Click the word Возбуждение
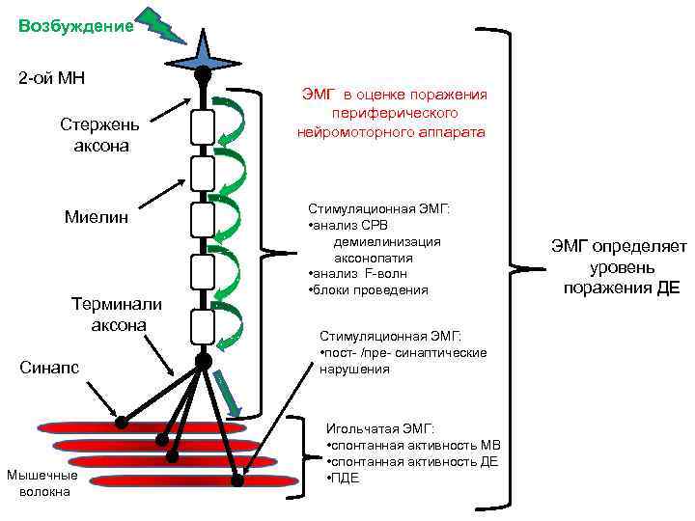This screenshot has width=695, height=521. pyautogui.click(x=75, y=27)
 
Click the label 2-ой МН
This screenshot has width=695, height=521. pyautogui.click(x=52, y=77)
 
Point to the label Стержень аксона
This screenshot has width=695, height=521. pyautogui.click(x=99, y=136)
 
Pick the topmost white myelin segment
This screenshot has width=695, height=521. pyautogui.click(x=202, y=125)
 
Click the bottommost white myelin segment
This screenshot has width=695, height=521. pyautogui.click(x=202, y=327)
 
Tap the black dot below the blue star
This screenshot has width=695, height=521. pyautogui.click(x=202, y=73)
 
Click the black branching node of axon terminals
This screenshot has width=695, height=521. pyautogui.click(x=203, y=361)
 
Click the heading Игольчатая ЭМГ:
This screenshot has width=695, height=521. pyautogui.click(x=380, y=427)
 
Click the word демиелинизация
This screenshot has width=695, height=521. pyautogui.click(x=387, y=241)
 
